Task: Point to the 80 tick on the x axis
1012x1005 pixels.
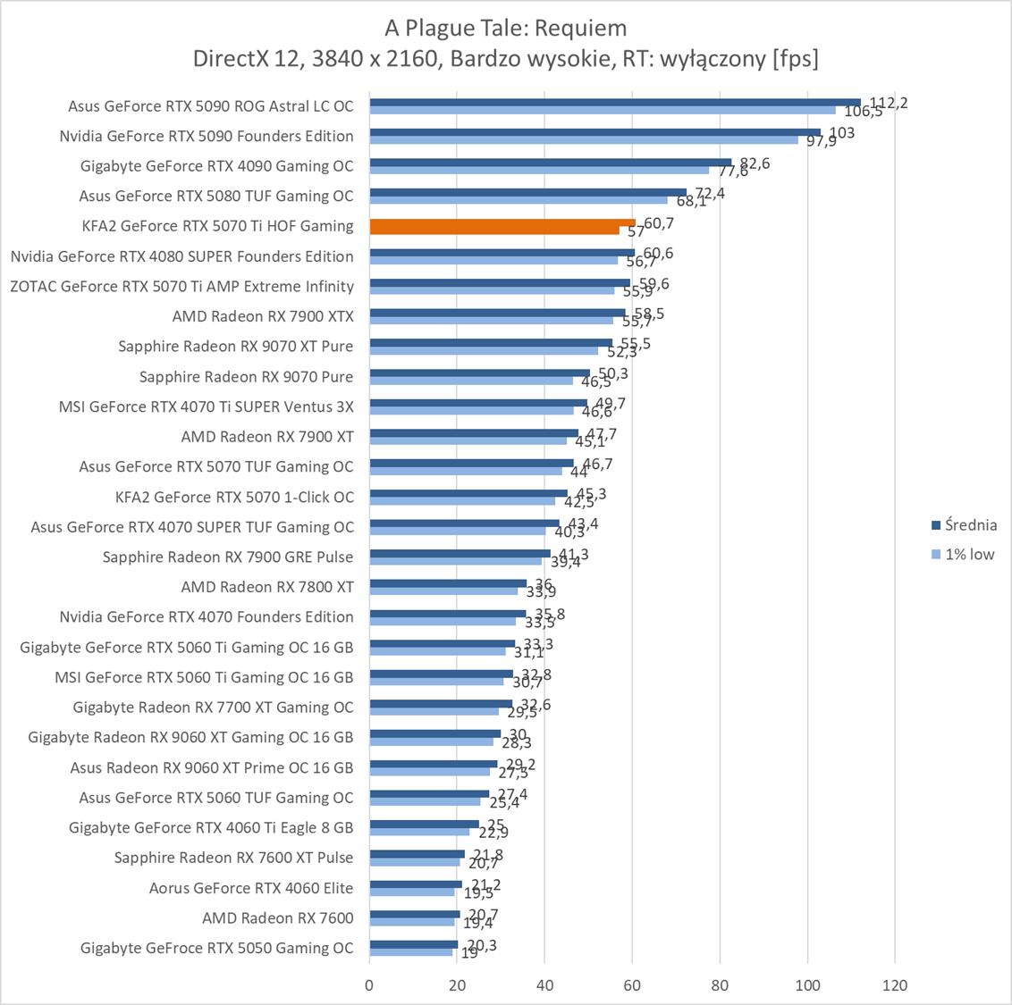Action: (x=720, y=985)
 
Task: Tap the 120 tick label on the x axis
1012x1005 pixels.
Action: (x=895, y=985)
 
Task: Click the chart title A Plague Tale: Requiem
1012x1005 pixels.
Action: (x=506, y=28)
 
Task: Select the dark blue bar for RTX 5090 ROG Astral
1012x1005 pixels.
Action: (x=615, y=102)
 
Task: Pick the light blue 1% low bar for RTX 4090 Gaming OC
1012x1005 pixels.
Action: (x=539, y=170)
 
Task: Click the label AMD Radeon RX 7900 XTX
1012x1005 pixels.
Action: (x=263, y=316)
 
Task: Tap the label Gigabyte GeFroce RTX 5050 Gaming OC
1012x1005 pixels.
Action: (x=217, y=948)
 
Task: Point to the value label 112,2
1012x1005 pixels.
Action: (x=889, y=103)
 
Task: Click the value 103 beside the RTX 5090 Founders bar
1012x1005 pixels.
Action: (x=841, y=133)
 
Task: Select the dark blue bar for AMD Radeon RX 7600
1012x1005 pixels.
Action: (x=415, y=914)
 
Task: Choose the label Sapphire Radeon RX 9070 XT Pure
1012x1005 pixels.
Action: (x=236, y=347)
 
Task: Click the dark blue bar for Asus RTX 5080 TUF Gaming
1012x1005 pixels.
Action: (x=527, y=192)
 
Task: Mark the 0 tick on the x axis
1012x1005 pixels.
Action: (x=369, y=985)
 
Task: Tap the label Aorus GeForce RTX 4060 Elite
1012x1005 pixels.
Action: (x=251, y=888)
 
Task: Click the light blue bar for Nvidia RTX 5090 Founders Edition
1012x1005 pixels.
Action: (x=584, y=139)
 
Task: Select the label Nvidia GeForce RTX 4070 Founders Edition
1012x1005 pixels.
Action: (x=207, y=616)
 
